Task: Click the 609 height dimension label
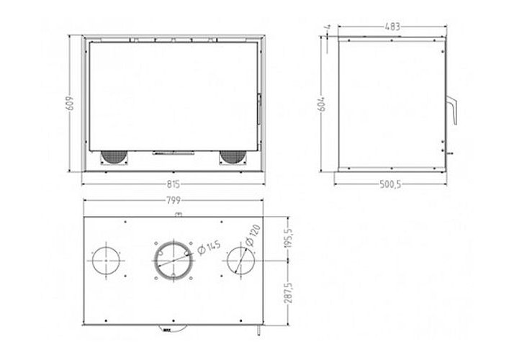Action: click(71, 103)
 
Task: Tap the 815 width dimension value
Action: click(173, 184)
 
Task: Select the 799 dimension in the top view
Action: click(173, 201)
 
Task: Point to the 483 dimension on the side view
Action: click(392, 27)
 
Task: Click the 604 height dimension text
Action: click(323, 104)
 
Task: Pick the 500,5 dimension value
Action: click(390, 184)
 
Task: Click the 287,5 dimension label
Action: click(289, 293)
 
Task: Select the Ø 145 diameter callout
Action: click(209, 248)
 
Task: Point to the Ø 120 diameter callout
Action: click(253, 235)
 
